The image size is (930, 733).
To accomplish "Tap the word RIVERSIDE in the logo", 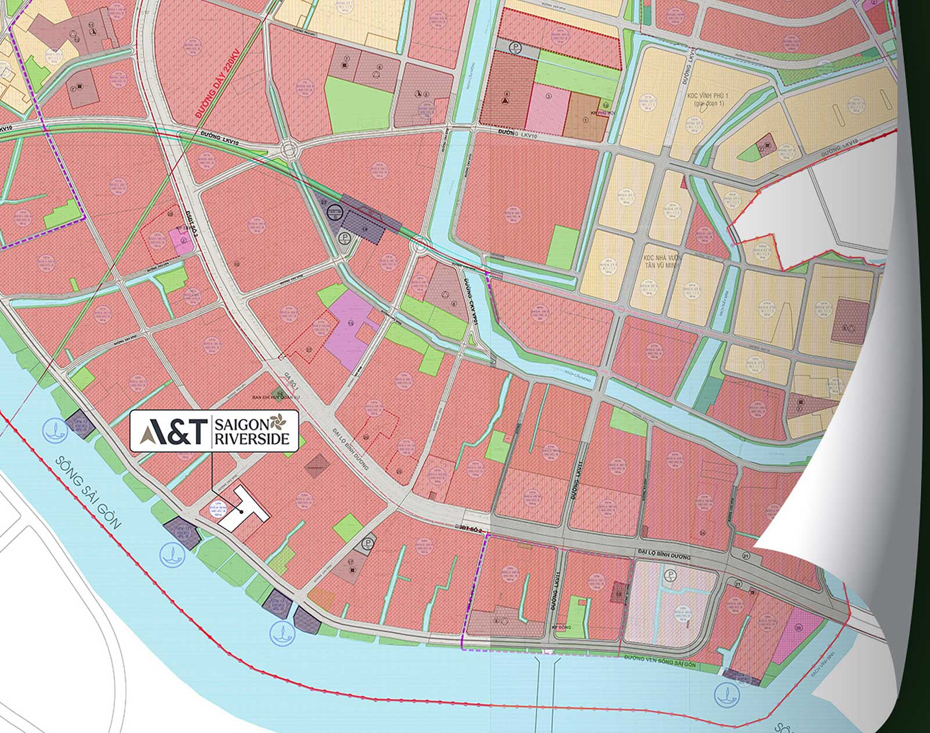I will [x=252, y=439].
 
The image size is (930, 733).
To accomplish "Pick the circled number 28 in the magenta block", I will [x=798, y=627].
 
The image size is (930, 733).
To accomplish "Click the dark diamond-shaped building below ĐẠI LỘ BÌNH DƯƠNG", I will [x=317, y=465].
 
